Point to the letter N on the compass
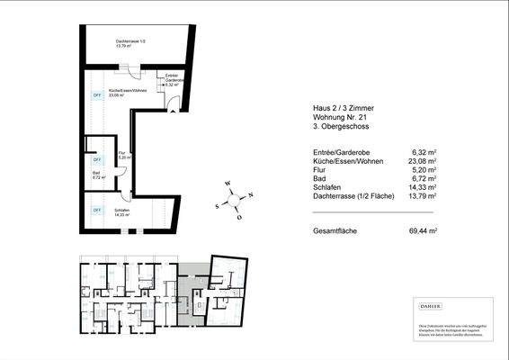coord(251,194)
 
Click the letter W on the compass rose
coord(228,184)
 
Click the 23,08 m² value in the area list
coord(424,162)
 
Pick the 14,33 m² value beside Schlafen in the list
coord(424,187)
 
